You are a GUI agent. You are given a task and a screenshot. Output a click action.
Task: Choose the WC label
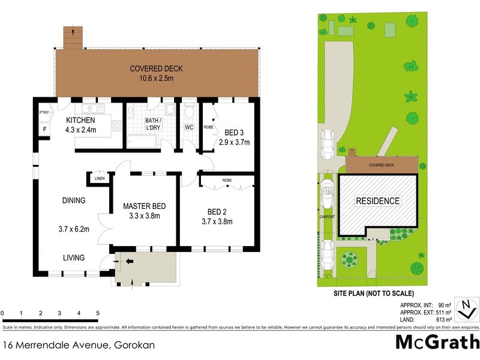[189, 127]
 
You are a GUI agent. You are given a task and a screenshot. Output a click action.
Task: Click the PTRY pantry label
[44, 112]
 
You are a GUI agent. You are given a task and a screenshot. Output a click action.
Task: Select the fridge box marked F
[44, 130]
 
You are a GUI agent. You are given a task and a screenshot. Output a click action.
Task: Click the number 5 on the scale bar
[97, 313]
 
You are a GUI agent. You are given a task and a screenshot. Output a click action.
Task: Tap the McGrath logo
[437, 342]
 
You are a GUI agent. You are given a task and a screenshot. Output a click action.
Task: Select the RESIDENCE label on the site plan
[378, 201]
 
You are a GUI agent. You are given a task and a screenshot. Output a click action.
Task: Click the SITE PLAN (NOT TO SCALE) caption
[374, 293]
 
